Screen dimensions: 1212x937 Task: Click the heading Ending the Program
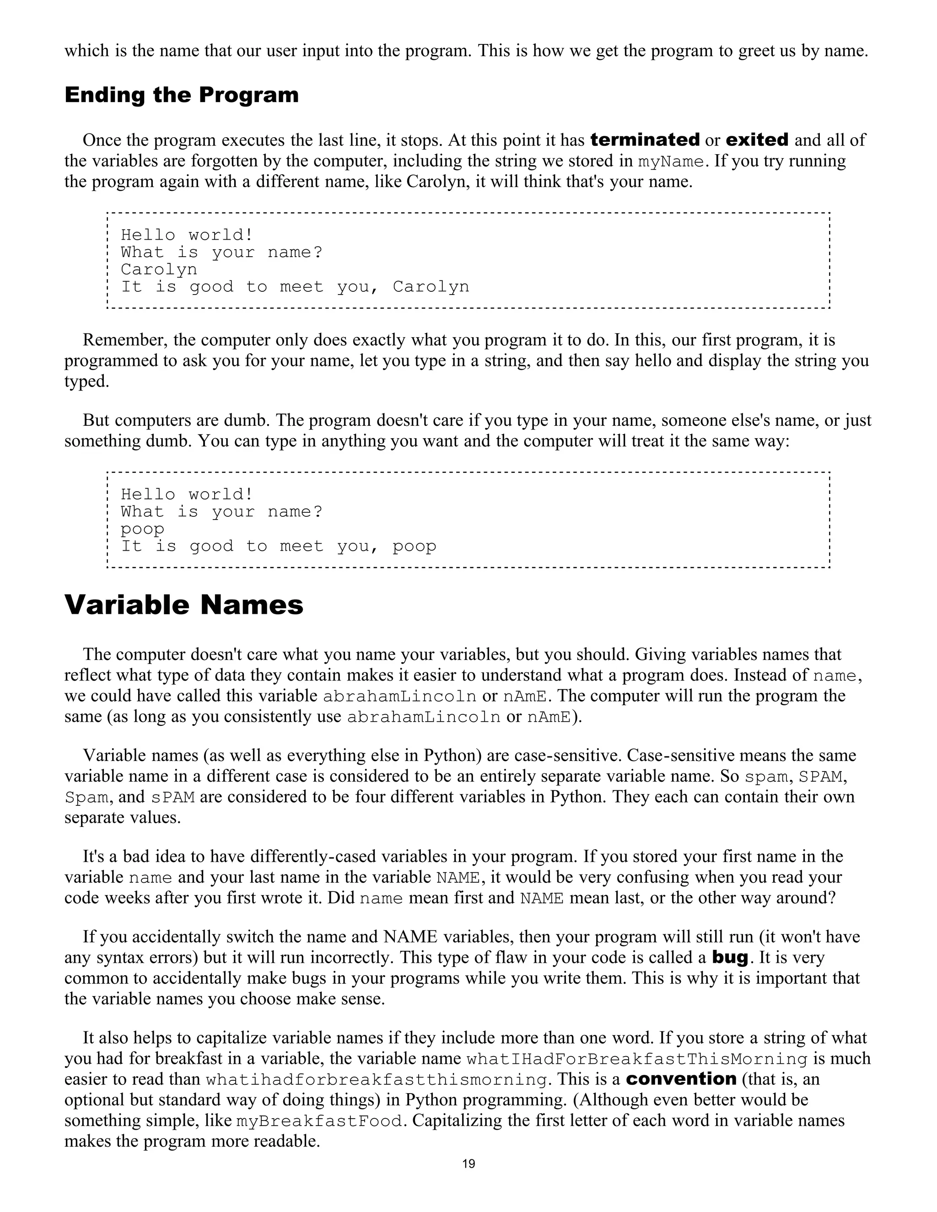(182, 96)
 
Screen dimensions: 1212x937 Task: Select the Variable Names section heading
(184, 605)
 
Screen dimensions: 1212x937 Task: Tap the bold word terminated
(645, 140)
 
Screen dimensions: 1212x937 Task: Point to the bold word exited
(757, 140)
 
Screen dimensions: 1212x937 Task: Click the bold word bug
(730, 958)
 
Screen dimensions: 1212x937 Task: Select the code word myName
(671, 161)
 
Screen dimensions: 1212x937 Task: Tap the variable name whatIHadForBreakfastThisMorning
(637, 1059)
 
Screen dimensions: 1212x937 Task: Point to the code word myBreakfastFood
(319, 1121)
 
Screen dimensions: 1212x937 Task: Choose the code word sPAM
(172, 798)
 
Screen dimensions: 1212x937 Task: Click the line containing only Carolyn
(159, 270)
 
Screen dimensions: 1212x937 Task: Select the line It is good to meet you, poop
(279, 547)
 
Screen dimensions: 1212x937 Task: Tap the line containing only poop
(143, 530)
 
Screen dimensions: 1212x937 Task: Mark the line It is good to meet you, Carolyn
(295, 287)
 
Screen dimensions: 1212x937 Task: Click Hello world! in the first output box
(187, 235)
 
